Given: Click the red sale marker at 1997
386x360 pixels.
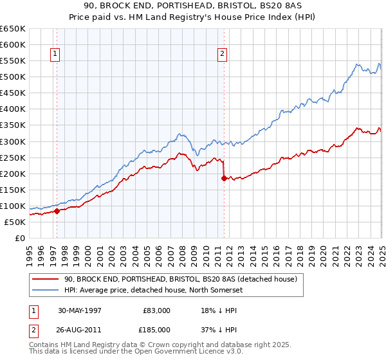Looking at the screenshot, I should [57, 210].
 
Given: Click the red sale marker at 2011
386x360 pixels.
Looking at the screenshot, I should [224, 179].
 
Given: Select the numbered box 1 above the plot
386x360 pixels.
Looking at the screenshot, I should [55, 55].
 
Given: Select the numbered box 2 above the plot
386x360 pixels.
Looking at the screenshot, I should [223, 55].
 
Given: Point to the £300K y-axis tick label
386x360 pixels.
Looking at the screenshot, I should [13, 141].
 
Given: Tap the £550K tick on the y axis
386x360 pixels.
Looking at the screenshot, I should [13, 61].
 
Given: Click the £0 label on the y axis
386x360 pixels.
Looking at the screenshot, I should [19, 238].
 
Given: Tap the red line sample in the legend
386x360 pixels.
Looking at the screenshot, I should [45, 279].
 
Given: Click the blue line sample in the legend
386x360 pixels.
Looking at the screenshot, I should [45, 289].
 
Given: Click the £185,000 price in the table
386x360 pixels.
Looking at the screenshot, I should [157, 329].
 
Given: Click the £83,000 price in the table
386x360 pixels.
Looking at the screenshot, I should [157, 310].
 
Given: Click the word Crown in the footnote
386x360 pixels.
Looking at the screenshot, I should [166, 346].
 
